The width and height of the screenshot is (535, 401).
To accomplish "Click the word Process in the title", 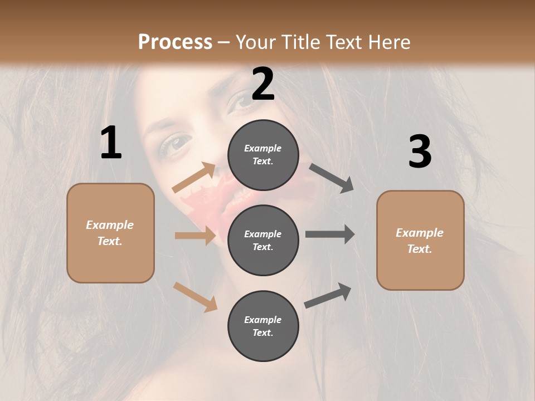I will (175, 42).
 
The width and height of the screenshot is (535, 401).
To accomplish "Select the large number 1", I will (111, 143).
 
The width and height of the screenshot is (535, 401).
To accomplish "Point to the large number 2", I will (262, 84).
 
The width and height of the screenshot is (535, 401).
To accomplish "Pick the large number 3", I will (420, 151).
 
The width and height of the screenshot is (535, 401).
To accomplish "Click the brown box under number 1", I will (110, 233).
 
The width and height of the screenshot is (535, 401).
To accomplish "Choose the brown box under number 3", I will (420, 241).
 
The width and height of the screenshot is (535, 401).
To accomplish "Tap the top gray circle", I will (263, 155).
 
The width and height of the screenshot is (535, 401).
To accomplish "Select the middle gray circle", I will (263, 240).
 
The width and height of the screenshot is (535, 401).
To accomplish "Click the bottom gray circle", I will (263, 326).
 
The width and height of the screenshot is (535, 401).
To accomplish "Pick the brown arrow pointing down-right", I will (195, 297).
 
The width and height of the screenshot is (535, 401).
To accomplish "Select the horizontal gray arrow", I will (329, 234).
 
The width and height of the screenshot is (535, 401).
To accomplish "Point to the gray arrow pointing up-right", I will (328, 295).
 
